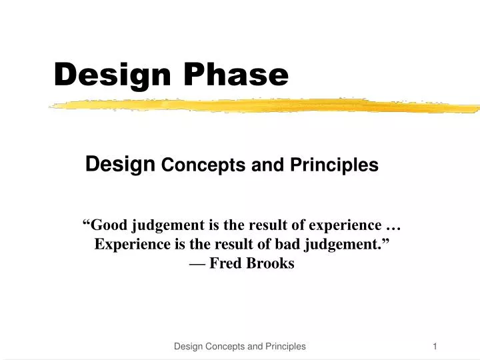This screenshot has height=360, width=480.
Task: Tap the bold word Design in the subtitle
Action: (121, 163)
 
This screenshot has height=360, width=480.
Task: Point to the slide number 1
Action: (435, 346)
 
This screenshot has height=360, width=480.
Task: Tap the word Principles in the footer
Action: (285, 346)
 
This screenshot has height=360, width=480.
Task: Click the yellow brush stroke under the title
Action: (267, 105)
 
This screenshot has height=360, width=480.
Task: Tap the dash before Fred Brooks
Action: (197, 263)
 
